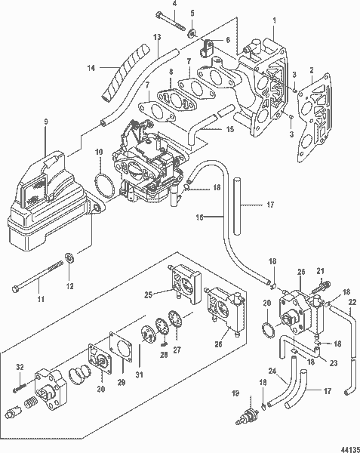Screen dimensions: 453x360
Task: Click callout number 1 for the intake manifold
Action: (274, 20)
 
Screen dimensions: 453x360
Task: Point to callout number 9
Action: (46, 122)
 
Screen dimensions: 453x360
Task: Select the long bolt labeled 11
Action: (38, 276)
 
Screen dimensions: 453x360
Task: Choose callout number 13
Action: (158, 38)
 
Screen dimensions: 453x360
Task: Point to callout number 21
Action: (320, 271)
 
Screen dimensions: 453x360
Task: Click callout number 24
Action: (272, 369)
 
